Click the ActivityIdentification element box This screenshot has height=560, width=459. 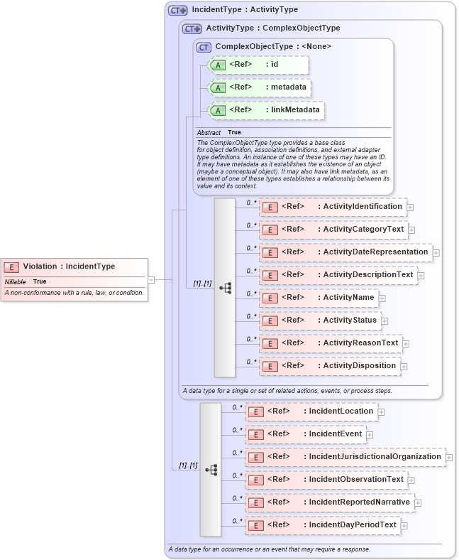click(332, 207)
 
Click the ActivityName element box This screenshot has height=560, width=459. click(319, 298)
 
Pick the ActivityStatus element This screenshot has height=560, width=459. click(320, 321)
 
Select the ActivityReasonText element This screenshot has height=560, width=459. click(330, 343)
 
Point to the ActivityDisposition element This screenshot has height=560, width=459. click(328, 366)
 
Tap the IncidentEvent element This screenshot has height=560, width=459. click(305, 434)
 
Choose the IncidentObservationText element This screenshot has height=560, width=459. click(326, 480)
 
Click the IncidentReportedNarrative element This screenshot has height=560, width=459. click(329, 502)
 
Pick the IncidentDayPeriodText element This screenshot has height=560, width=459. click(322, 525)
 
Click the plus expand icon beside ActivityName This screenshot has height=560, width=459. click(382, 298)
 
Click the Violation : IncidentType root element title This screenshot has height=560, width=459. click(69, 266)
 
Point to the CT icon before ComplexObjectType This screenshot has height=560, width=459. click(204, 47)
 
